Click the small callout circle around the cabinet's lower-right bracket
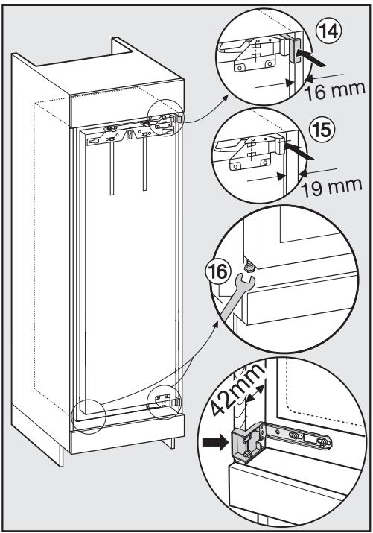coord(165,400)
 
